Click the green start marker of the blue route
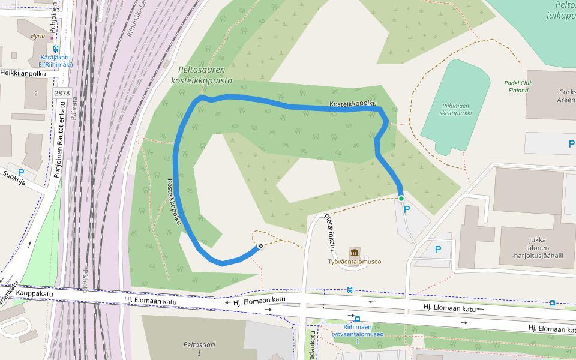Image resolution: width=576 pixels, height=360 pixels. [401, 198]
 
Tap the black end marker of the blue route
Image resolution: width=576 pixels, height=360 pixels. [260, 245]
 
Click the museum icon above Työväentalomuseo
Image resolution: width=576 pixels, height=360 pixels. [354, 251]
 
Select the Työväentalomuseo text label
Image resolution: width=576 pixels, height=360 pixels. [354, 262]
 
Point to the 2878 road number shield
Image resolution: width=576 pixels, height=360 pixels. [62, 93]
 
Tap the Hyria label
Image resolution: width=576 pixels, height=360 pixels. [37, 36]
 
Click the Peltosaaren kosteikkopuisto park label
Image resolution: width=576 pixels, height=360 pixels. [201, 75]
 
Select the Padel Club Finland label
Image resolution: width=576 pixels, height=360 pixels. [518, 86]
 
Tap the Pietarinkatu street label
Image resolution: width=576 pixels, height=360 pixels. [328, 232]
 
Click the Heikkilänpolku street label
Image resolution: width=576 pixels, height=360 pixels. [23, 73]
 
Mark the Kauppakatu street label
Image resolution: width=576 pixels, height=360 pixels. [35, 294]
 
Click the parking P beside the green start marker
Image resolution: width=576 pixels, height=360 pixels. [407, 209]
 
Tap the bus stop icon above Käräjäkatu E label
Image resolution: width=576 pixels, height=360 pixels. [56, 49]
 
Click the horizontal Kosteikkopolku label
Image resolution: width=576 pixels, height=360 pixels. [353, 104]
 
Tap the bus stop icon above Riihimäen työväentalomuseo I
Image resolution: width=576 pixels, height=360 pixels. [357, 319]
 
